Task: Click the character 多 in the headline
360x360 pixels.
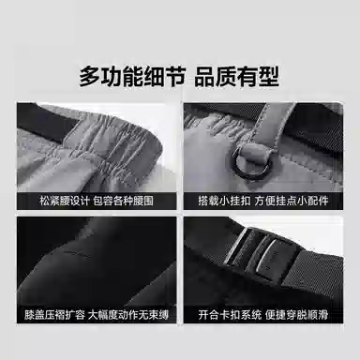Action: pyautogui.click(x=89, y=77)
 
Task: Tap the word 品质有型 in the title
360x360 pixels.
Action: pyautogui.click(x=236, y=77)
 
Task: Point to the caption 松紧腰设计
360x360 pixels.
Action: pyautogui.click(x=65, y=201)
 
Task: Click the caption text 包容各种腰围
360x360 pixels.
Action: pyautogui.click(x=124, y=201)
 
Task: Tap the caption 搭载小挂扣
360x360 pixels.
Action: pyautogui.click(x=224, y=201)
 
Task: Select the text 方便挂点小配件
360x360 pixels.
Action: pyautogui.click(x=292, y=201)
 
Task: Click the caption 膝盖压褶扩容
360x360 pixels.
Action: pyautogui.click(x=54, y=314)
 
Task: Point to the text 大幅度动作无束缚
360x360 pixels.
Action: pyautogui.click(x=128, y=314)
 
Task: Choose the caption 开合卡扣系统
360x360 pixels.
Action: pyautogui.click(x=230, y=314)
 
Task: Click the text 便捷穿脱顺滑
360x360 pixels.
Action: pyautogui.click(x=296, y=314)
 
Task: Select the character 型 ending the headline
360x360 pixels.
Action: pyautogui.click(x=268, y=77)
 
